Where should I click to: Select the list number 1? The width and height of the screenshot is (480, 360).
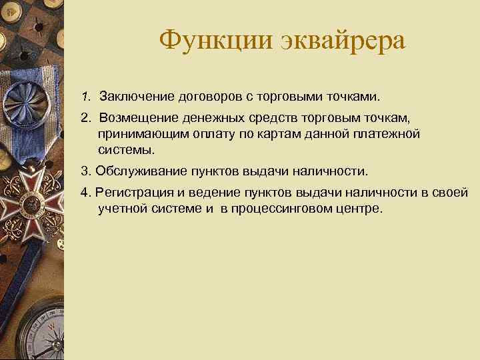[85, 98]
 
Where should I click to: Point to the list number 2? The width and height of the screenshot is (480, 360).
[85, 118]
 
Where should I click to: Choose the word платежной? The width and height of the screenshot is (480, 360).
[389, 135]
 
